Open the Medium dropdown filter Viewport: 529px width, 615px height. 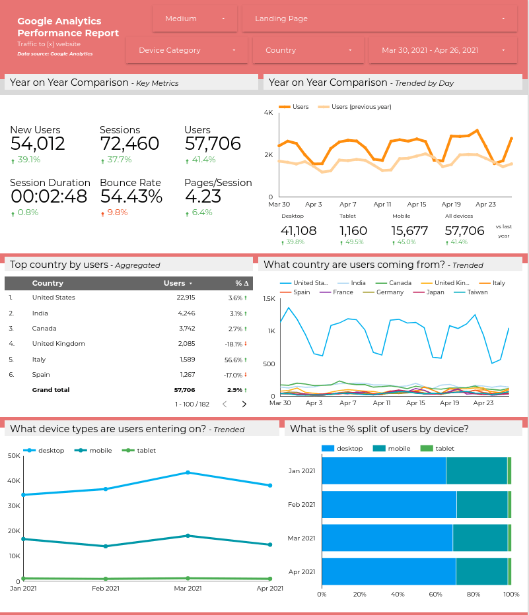click(194, 18)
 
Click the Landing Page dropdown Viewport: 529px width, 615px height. click(379, 18)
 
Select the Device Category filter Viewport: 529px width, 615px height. click(186, 50)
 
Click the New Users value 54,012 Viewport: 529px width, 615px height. click(38, 144)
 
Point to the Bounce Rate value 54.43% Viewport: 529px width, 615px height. click(131, 197)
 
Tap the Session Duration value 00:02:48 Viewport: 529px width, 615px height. click(49, 197)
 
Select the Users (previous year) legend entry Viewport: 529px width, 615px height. click(361, 107)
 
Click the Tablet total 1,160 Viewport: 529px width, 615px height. click(353, 231)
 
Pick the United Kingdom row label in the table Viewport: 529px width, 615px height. click(58, 344)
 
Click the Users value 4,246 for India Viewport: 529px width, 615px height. click(186, 313)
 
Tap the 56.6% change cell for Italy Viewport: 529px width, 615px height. click(235, 360)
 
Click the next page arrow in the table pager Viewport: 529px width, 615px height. click(244, 404)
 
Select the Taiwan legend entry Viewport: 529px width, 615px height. click(476, 292)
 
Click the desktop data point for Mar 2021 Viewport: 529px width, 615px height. click(188, 472)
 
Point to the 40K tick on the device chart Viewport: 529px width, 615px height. click(14, 480)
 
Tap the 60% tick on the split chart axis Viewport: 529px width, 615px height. click(435, 595)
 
